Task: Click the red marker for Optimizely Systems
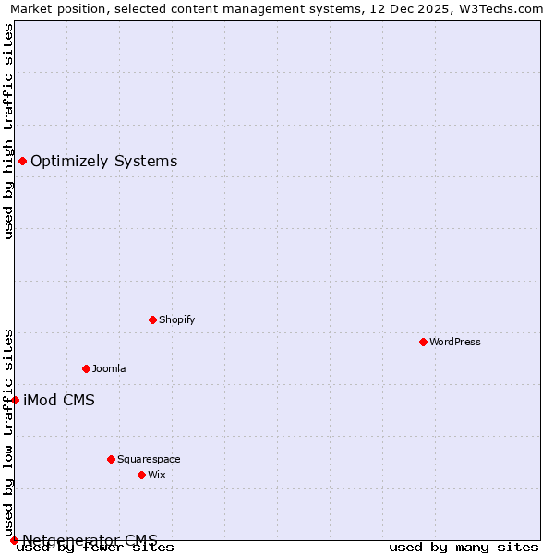click(22, 162)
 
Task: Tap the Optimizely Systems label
click(103, 162)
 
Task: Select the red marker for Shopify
click(152, 320)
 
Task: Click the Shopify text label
click(176, 320)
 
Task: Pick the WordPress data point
click(423, 343)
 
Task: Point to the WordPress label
click(454, 343)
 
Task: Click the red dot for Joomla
click(86, 369)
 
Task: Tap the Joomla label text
click(109, 369)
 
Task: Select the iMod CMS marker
click(15, 401)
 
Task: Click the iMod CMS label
click(58, 401)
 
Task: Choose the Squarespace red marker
click(111, 460)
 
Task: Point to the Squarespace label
click(149, 460)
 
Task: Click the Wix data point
click(141, 476)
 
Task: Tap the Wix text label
click(157, 476)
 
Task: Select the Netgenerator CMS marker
click(14, 540)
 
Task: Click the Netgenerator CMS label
click(90, 540)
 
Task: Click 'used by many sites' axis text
click(464, 548)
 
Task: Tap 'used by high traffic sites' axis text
click(9, 131)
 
